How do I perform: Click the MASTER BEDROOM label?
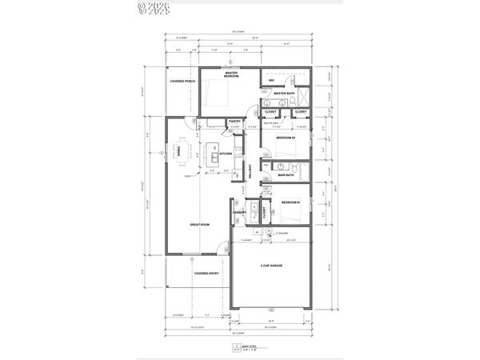[232, 74]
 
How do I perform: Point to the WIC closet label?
[272, 80]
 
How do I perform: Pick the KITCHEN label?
[226, 154]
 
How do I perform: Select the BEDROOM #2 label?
[286, 138]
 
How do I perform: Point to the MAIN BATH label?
[284, 174]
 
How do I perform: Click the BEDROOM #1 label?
[290, 203]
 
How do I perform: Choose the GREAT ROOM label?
[200, 225]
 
